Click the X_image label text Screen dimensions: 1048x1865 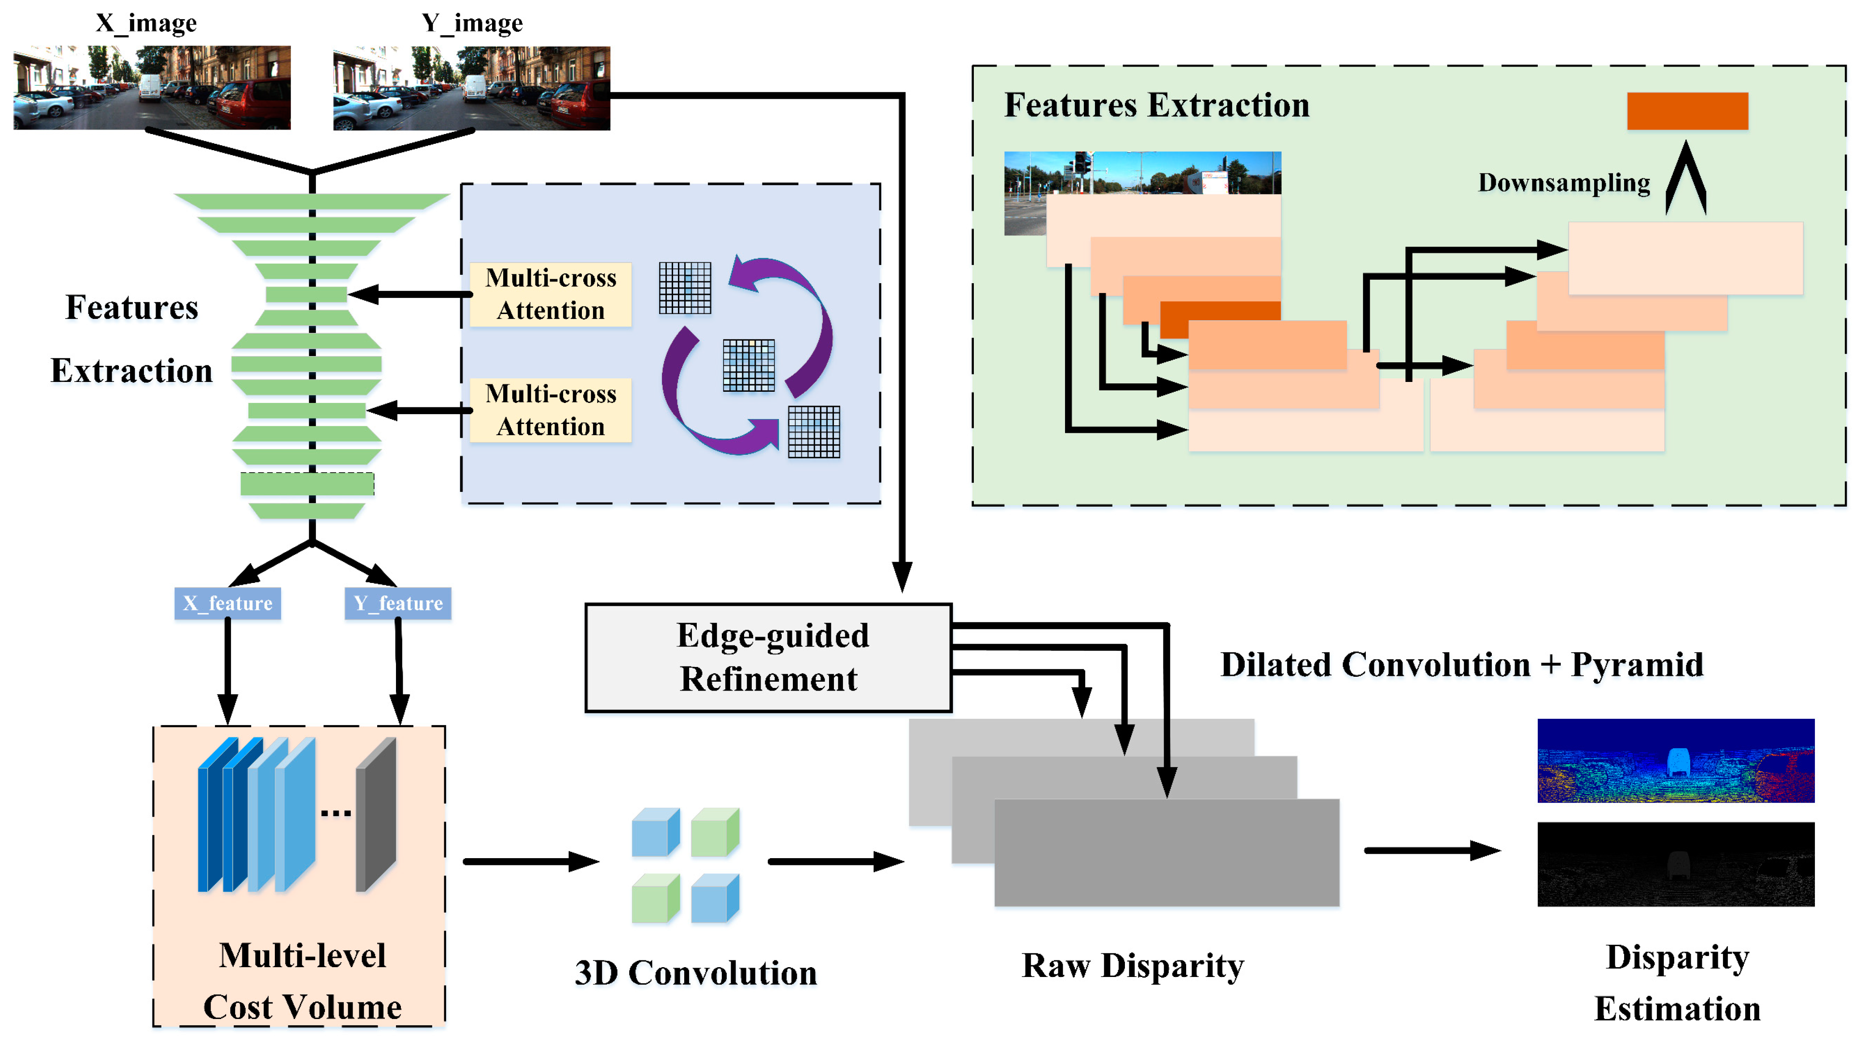tap(146, 23)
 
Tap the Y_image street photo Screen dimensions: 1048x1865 tap(472, 88)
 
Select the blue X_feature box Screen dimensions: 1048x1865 tap(227, 603)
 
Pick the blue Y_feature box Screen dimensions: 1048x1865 tap(397, 603)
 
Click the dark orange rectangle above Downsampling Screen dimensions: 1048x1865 tap(1687, 111)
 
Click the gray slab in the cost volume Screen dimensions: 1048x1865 tap(376, 814)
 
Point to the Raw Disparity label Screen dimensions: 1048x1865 tap(1132, 965)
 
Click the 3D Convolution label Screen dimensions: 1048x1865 tap(695, 973)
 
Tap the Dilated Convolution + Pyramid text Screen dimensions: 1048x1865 tap(1461, 664)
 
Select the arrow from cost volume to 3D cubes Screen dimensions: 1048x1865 tap(530, 861)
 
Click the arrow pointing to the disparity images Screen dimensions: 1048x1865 tap(1431, 851)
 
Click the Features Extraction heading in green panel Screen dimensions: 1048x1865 tap(1156, 105)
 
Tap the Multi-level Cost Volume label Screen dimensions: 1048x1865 tap(302, 981)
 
